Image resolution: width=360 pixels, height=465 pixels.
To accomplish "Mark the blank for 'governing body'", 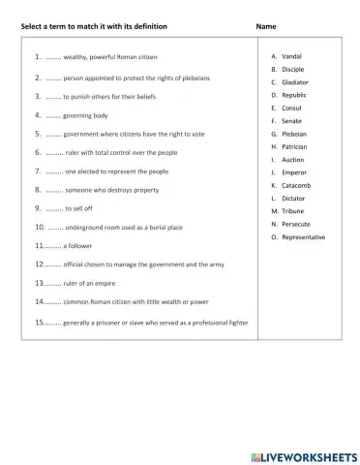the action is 53,114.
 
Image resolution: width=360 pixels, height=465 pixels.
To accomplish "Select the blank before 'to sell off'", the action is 54,208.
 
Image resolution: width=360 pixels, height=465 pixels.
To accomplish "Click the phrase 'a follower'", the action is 81,246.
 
